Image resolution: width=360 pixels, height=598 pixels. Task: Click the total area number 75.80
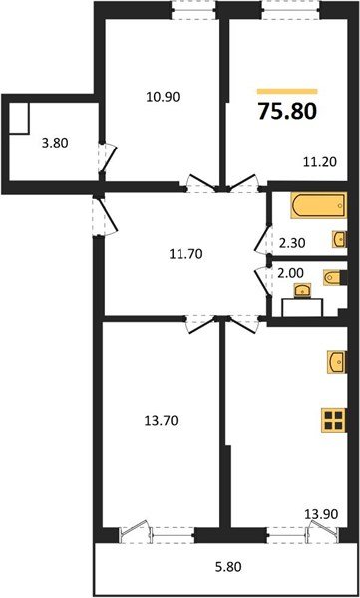(287, 111)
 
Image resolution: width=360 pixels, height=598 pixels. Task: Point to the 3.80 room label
(56, 142)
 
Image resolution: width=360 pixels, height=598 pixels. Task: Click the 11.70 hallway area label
(185, 253)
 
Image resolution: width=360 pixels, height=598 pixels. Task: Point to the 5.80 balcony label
(228, 570)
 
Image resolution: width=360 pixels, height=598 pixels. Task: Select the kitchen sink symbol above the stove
(336, 360)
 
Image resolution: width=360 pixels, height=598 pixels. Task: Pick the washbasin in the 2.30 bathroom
(339, 238)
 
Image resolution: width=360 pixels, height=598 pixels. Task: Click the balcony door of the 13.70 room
(144, 535)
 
